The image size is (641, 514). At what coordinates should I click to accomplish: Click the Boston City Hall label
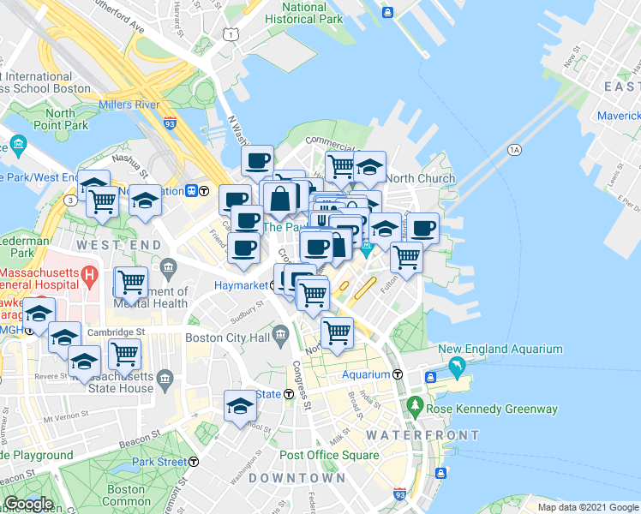228,338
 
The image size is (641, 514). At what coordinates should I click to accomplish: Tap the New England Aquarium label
500,349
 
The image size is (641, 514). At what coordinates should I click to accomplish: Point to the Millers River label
129,105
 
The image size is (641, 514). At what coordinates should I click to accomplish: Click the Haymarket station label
242,284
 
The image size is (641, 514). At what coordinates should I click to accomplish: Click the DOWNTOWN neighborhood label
297,477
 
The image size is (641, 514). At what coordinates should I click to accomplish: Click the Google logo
28,504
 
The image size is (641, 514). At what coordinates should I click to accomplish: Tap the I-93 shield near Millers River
171,123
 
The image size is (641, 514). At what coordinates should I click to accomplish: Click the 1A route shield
514,150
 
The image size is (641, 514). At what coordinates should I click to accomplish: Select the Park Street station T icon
195,462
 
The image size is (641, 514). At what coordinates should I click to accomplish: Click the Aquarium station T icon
398,374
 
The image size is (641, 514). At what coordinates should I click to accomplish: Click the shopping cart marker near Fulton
406,256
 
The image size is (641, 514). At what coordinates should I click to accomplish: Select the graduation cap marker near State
240,405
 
